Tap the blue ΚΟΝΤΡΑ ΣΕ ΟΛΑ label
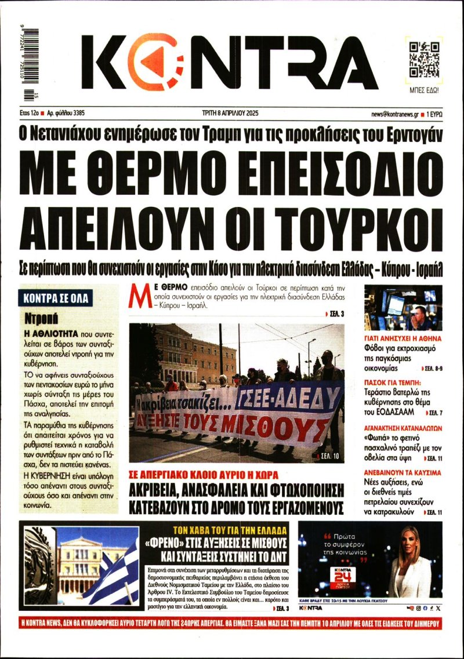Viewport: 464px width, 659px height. pyautogui.click(x=56, y=298)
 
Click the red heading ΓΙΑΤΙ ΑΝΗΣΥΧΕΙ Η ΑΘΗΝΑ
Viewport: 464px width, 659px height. pyautogui.click(x=403, y=338)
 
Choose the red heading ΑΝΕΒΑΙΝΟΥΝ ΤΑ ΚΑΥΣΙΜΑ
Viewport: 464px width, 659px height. pyautogui.click(x=403, y=473)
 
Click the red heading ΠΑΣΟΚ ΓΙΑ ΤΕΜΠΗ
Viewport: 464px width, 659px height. pyautogui.click(x=397, y=383)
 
